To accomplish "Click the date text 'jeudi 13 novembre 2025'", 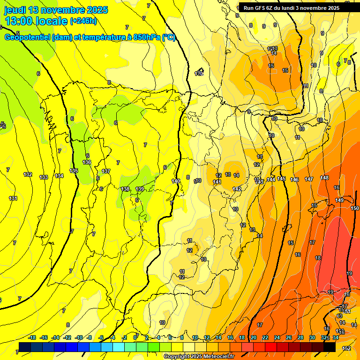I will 56,10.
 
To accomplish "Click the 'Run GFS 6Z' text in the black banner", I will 260,8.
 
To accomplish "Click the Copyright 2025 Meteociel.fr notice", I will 199,356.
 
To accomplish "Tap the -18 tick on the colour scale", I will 32,337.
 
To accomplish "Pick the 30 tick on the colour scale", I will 312,337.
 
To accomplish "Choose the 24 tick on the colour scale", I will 277,337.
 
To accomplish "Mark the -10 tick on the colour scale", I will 79,337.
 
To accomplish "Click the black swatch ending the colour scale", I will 329,346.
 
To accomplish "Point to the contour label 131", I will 13,198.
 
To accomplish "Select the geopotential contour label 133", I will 44,177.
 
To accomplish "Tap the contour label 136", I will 87,162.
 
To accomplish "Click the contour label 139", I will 140,189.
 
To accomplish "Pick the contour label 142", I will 237,189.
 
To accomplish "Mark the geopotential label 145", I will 281,179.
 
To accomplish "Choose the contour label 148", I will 324,178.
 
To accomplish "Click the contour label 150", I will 355,208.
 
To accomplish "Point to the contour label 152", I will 346,348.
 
